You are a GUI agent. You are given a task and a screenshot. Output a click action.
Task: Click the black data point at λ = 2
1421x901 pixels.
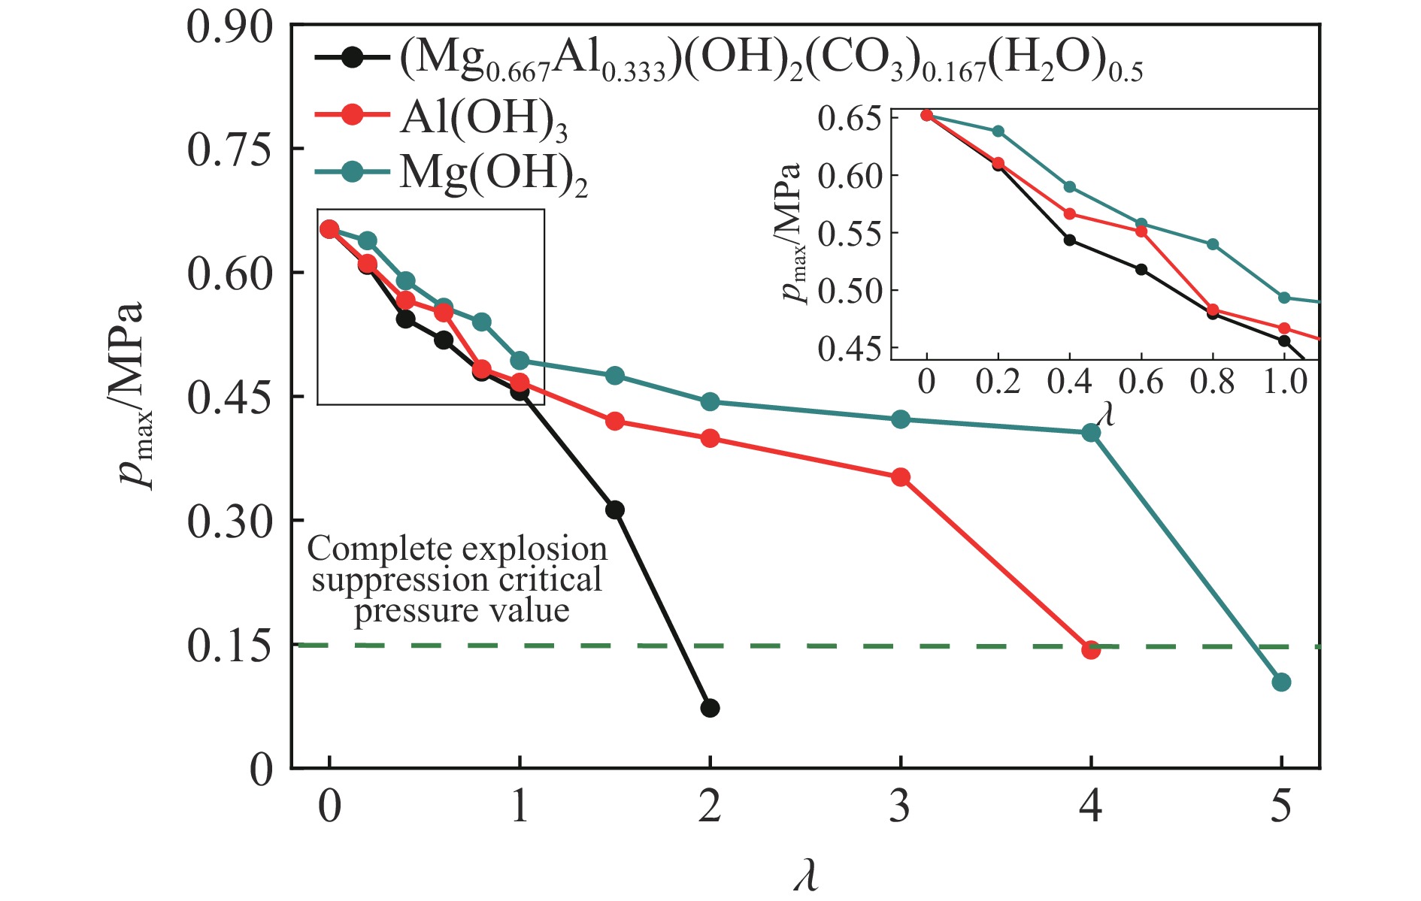pos(710,708)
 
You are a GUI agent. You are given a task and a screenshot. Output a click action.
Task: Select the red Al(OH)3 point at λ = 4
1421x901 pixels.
pos(1091,649)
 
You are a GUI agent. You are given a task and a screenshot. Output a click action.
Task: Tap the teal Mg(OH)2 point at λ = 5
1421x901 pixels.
pos(1281,682)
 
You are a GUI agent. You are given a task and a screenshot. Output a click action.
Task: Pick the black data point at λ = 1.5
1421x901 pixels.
pos(614,509)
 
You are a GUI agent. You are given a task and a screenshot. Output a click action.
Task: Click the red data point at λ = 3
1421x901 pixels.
pos(901,477)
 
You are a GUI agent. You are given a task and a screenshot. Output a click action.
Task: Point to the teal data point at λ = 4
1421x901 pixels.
pos(1091,432)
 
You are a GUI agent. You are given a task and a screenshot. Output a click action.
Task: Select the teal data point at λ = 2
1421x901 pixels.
pos(710,402)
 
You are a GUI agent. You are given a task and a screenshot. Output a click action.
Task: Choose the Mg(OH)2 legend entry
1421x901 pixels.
pos(493,174)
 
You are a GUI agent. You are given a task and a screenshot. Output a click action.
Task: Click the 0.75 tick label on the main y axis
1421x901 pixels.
pos(229,150)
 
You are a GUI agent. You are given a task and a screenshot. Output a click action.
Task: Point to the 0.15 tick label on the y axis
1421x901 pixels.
pos(229,646)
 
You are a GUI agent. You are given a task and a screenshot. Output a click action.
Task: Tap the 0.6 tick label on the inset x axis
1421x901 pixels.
pos(1141,382)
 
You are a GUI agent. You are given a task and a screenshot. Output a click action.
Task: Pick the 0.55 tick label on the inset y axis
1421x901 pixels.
pos(849,234)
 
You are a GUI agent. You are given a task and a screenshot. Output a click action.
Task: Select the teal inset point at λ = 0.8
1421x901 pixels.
pos(1212,244)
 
